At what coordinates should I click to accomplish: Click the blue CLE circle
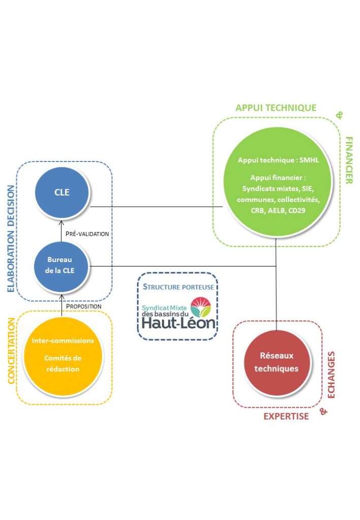click(x=62, y=192)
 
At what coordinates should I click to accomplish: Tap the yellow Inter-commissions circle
click(x=62, y=356)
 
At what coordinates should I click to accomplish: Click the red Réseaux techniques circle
click(x=277, y=363)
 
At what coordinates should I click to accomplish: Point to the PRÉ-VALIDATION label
click(x=87, y=234)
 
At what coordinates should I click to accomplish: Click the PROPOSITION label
click(x=84, y=306)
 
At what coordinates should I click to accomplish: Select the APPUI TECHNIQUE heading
click(x=276, y=108)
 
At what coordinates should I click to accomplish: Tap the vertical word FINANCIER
click(x=349, y=160)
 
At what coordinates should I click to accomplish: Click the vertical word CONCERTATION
click(x=11, y=350)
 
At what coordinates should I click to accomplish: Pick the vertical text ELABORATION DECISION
click(x=11, y=239)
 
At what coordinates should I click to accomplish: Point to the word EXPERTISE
click(x=286, y=416)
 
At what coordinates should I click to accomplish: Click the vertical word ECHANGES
click(x=331, y=375)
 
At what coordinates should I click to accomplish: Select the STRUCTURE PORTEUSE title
click(x=178, y=287)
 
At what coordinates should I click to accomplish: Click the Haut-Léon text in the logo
click(x=178, y=322)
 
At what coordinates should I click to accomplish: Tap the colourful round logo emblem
click(x=201, y=307)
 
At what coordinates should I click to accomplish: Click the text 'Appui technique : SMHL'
click(x=278, y=160)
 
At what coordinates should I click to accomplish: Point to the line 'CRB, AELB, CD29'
click(x=278, y=210)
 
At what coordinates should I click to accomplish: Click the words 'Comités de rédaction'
click(x=62, y=364)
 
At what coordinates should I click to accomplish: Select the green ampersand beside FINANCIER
click(x=339, y=115)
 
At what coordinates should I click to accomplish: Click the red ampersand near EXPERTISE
click(x=323, y=411)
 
